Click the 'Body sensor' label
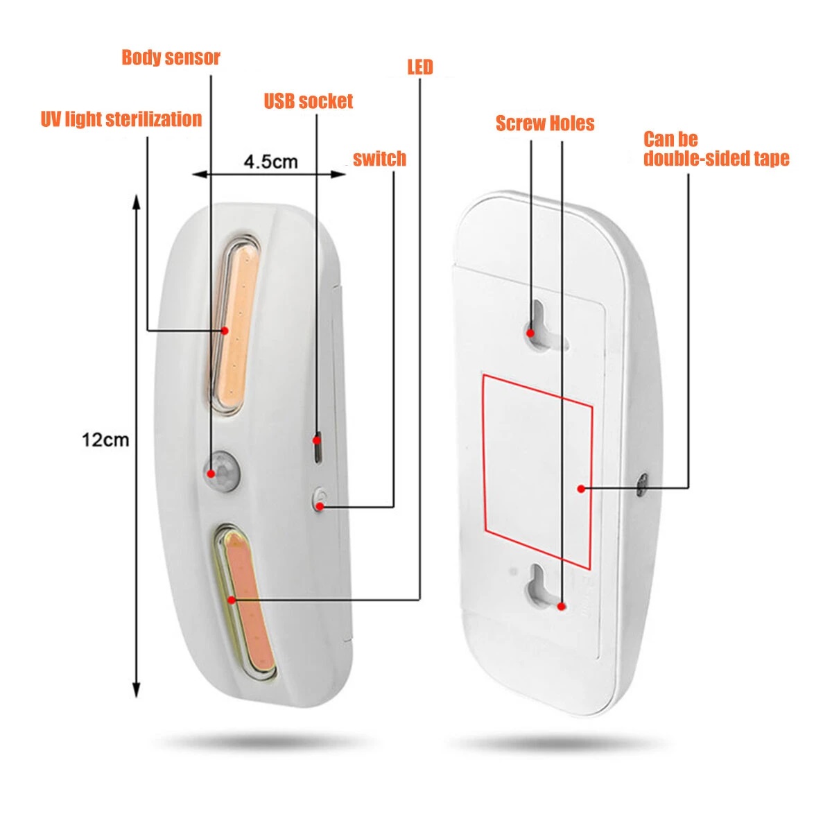click(171, 58)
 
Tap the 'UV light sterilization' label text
click(121, 119)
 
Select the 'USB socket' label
click(309, 101)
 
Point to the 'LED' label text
click(420, 67)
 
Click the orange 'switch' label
click(379, 159)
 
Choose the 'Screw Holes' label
click(545, 123)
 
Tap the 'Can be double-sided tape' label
click(716, 149)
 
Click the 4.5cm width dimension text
click(270, 162)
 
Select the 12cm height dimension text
click(105, 440)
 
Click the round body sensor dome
click(222, 471)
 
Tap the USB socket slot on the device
click(318, 447)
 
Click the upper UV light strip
click(235, 324)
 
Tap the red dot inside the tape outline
click(581, 489)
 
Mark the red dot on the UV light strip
click(225, 331)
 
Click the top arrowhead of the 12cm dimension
click(136, 202)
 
